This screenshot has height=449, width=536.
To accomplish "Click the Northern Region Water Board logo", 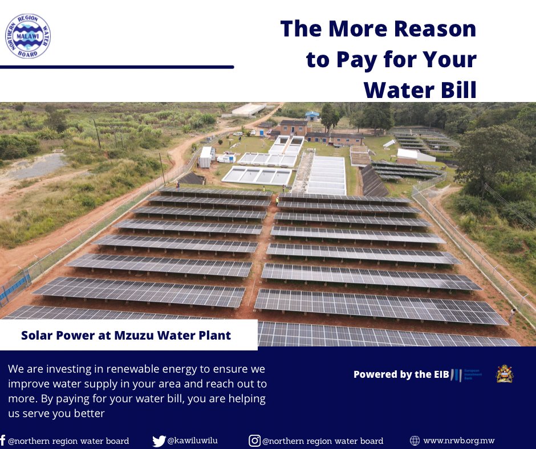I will click(27, 36).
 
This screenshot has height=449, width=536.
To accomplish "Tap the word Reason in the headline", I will click(436, 29).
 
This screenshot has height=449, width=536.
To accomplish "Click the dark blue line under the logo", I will click(117, 67).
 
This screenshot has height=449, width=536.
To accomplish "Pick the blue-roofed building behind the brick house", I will click(312, 116).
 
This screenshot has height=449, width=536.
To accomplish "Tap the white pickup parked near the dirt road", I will click(228, 158).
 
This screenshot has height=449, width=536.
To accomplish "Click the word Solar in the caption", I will click(37, 335).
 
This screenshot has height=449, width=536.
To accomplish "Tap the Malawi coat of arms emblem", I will click(505, 374).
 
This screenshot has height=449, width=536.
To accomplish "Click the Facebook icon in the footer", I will click(3, 440).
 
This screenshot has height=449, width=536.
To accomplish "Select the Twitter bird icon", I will click(159, 440).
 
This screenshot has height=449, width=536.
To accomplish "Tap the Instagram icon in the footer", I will click(254, 440).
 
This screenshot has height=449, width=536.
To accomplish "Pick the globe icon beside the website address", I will click(415, 440).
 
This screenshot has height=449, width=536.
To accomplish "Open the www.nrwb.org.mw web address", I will click(458, 440).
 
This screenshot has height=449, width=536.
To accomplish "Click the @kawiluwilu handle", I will click(192, 440).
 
